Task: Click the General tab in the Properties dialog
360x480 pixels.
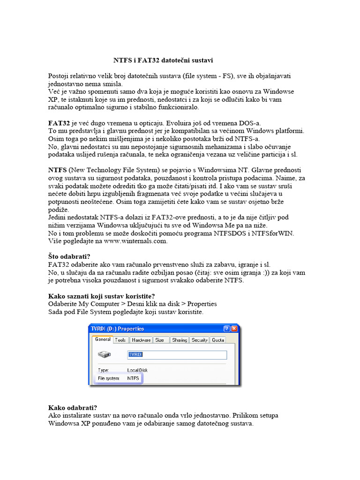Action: pos(103,340)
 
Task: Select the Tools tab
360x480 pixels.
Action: pos(120,340)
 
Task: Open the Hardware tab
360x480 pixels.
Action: pos(141,340)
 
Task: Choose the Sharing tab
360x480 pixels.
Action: pos(180,340)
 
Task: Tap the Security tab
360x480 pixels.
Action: pos(200,340)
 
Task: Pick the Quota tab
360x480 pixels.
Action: pos(218,340)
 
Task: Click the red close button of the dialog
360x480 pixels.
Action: pos(234,329)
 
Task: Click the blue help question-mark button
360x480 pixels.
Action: pos(227,329)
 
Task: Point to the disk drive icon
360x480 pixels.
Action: pos(105,355)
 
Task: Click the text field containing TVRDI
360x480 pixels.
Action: pos(177,355)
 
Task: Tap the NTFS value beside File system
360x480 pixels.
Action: pos(134,378)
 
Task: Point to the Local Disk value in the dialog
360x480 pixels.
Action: pos(137,370)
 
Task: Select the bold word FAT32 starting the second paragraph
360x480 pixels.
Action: pos(59,123)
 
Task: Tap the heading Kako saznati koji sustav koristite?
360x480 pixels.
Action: pos(102,296)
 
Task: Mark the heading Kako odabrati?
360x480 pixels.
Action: pos(72,407)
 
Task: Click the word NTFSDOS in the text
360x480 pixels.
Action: pos(227,233)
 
